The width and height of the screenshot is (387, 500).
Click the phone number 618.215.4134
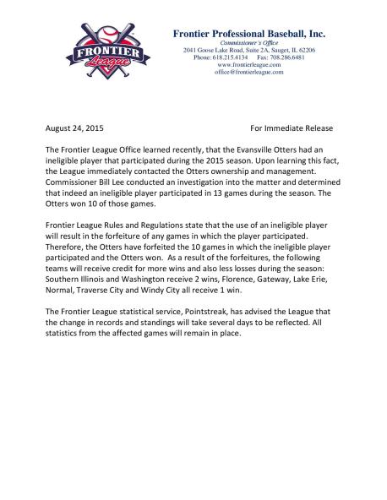click(231, 57)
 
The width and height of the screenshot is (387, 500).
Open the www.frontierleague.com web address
click(249, 65)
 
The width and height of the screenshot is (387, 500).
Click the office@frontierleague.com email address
click(249, 73)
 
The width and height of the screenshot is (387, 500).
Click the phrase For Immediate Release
click(292, 128)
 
